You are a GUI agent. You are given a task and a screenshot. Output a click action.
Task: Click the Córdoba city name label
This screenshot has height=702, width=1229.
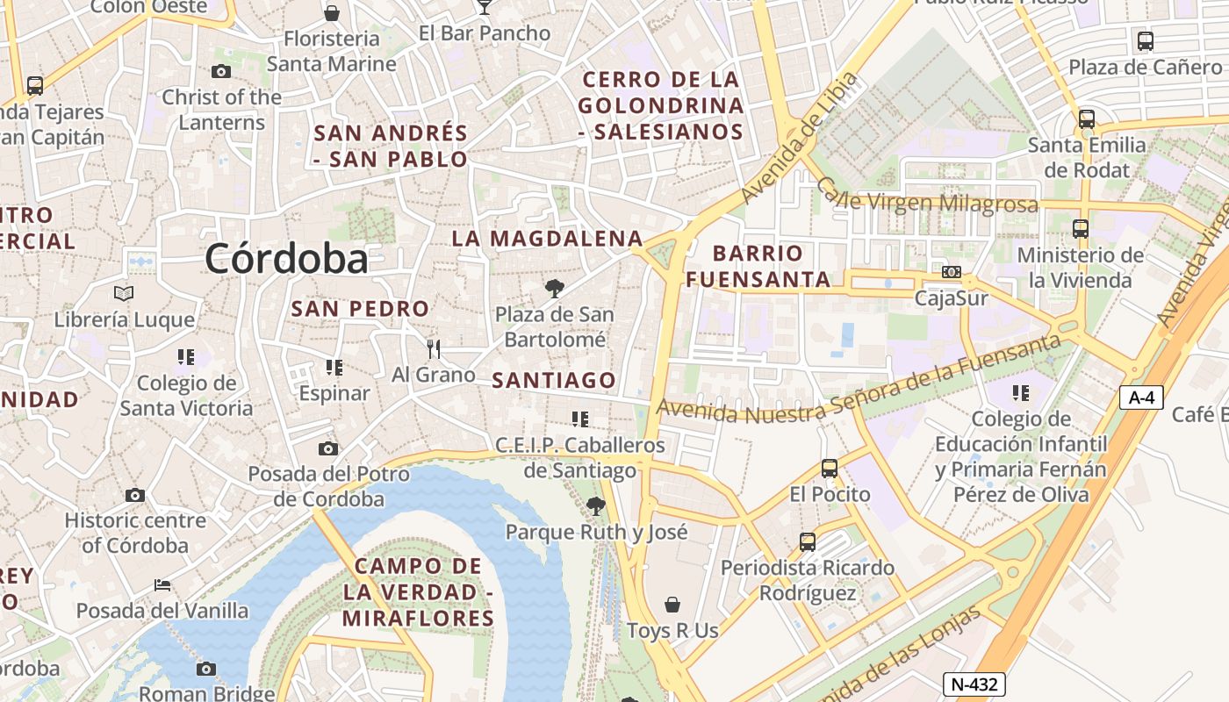tap(286, 259)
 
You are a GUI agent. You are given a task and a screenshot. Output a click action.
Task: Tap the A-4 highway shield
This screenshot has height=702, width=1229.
tap(1141, 398)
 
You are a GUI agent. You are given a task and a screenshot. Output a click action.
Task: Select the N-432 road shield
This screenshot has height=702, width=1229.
tap(974, 684)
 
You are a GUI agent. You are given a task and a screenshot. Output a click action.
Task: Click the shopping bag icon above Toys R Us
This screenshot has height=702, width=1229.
tap(672, 605)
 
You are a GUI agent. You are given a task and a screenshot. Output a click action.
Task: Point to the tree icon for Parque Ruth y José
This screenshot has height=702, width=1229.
tap(596, 505)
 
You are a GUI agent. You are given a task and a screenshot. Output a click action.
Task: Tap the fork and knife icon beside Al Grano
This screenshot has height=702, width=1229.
tap(433, 349)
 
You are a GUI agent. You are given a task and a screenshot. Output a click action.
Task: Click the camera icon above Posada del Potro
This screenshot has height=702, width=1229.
tap(327, 449)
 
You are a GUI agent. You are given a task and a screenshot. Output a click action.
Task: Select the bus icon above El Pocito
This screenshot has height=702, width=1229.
tap(830, 469)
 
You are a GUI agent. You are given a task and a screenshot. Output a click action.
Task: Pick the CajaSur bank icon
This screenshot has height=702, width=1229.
tap(952, 272)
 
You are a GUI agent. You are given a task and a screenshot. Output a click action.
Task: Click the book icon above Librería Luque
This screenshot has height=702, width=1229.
tap(124, 293)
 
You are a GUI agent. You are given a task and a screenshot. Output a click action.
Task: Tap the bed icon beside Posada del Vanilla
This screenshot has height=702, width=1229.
tap(162, 584)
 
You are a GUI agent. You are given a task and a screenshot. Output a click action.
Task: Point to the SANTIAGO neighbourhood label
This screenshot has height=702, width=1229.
tap(554, 381)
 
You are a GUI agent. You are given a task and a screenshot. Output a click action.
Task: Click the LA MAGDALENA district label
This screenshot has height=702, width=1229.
tap(548, 239)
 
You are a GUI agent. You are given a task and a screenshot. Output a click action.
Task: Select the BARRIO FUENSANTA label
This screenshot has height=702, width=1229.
tap(758, 267)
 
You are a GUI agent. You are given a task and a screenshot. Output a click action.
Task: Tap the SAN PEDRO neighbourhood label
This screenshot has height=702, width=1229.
tap(360, 309)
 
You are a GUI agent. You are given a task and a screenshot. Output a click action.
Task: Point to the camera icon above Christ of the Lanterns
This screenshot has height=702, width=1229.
tap(221, 72)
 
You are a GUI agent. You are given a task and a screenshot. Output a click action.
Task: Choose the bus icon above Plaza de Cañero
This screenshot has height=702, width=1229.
tap(1145, 40)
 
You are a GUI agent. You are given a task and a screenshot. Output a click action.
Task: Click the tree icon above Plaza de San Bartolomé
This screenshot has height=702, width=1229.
tap(554, 288)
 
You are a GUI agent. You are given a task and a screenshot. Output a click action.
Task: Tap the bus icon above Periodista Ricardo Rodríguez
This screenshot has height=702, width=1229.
tap(808, 542)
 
